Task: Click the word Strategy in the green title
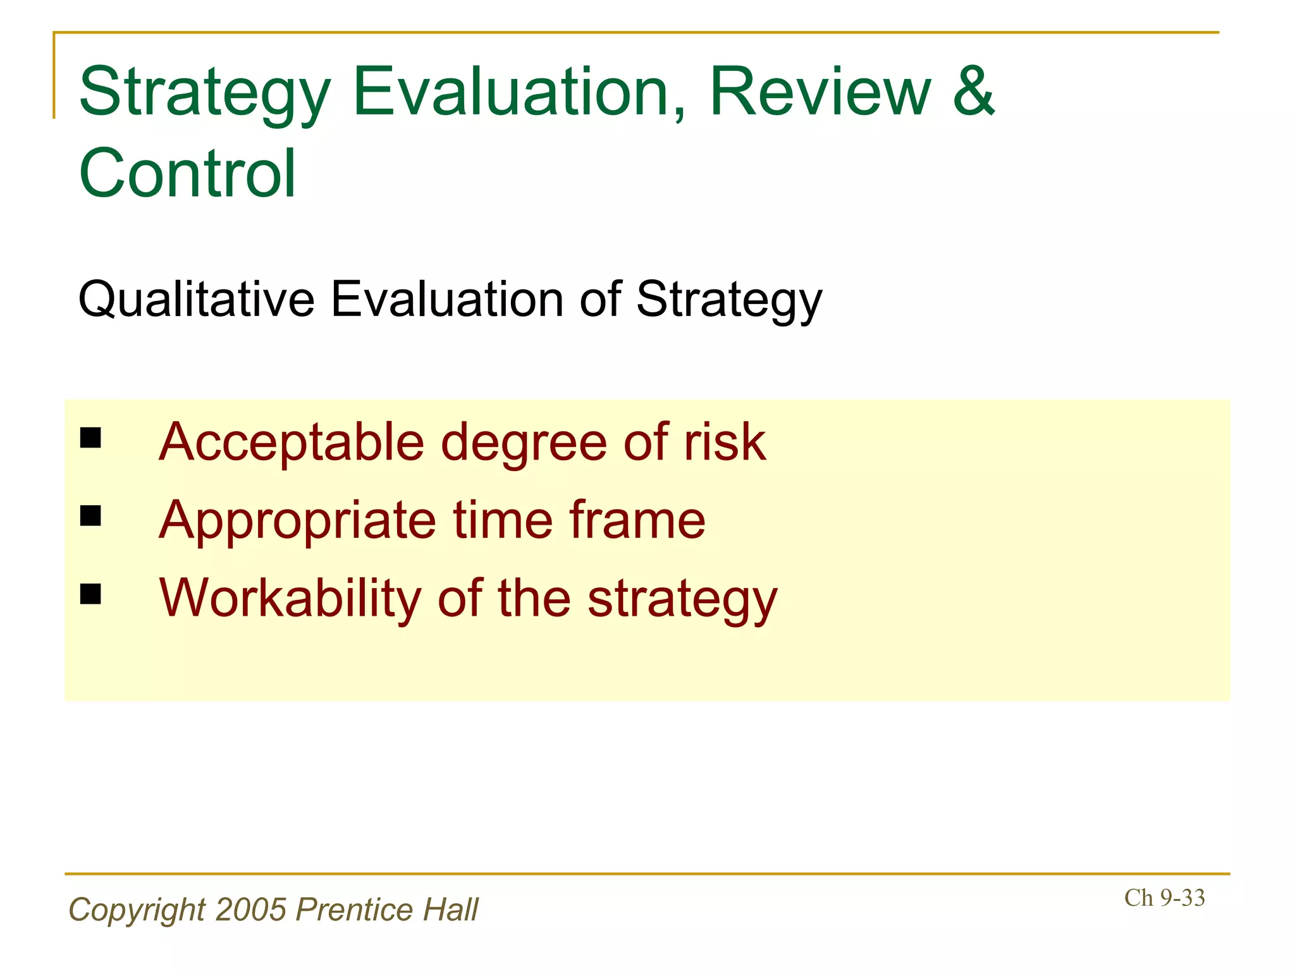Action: (204, 94)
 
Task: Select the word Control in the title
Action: (187, 173)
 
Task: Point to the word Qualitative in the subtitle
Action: (196, 300)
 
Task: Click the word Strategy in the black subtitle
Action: (728, 300)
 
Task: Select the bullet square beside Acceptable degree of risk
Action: (91, 437)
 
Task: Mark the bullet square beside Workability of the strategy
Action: (91, 594)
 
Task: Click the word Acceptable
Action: (292, 442)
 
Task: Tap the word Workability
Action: (290, 598)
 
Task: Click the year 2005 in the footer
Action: (251, 910)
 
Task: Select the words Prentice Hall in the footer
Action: (387, 910)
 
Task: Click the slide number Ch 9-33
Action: (1164, 898)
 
